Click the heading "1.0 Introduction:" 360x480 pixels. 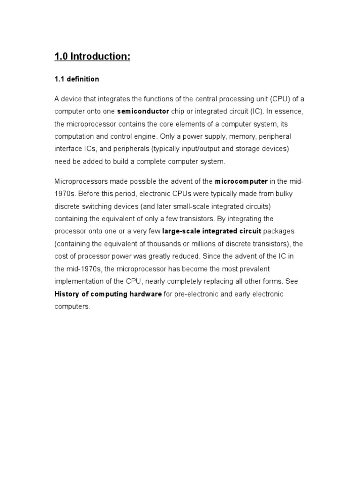click(92, 57)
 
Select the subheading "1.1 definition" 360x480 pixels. click(77, 79)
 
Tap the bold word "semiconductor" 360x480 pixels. click(143, 112)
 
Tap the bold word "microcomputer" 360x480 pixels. click(241, 181)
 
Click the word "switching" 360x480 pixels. click(95, 206)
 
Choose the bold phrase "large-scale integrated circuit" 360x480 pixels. click(212, 231)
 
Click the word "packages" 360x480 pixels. click(279, 231)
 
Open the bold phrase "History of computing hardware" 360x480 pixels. click(108, 294)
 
